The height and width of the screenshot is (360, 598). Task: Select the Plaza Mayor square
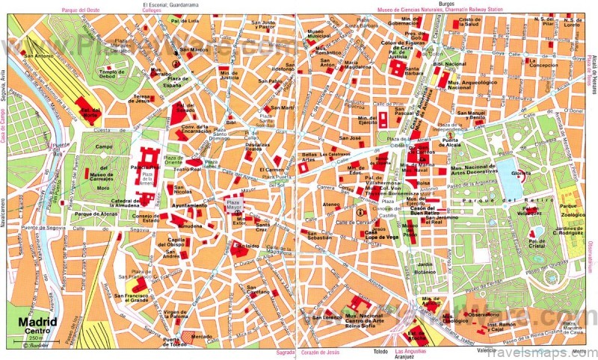[x=234, y=204]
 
